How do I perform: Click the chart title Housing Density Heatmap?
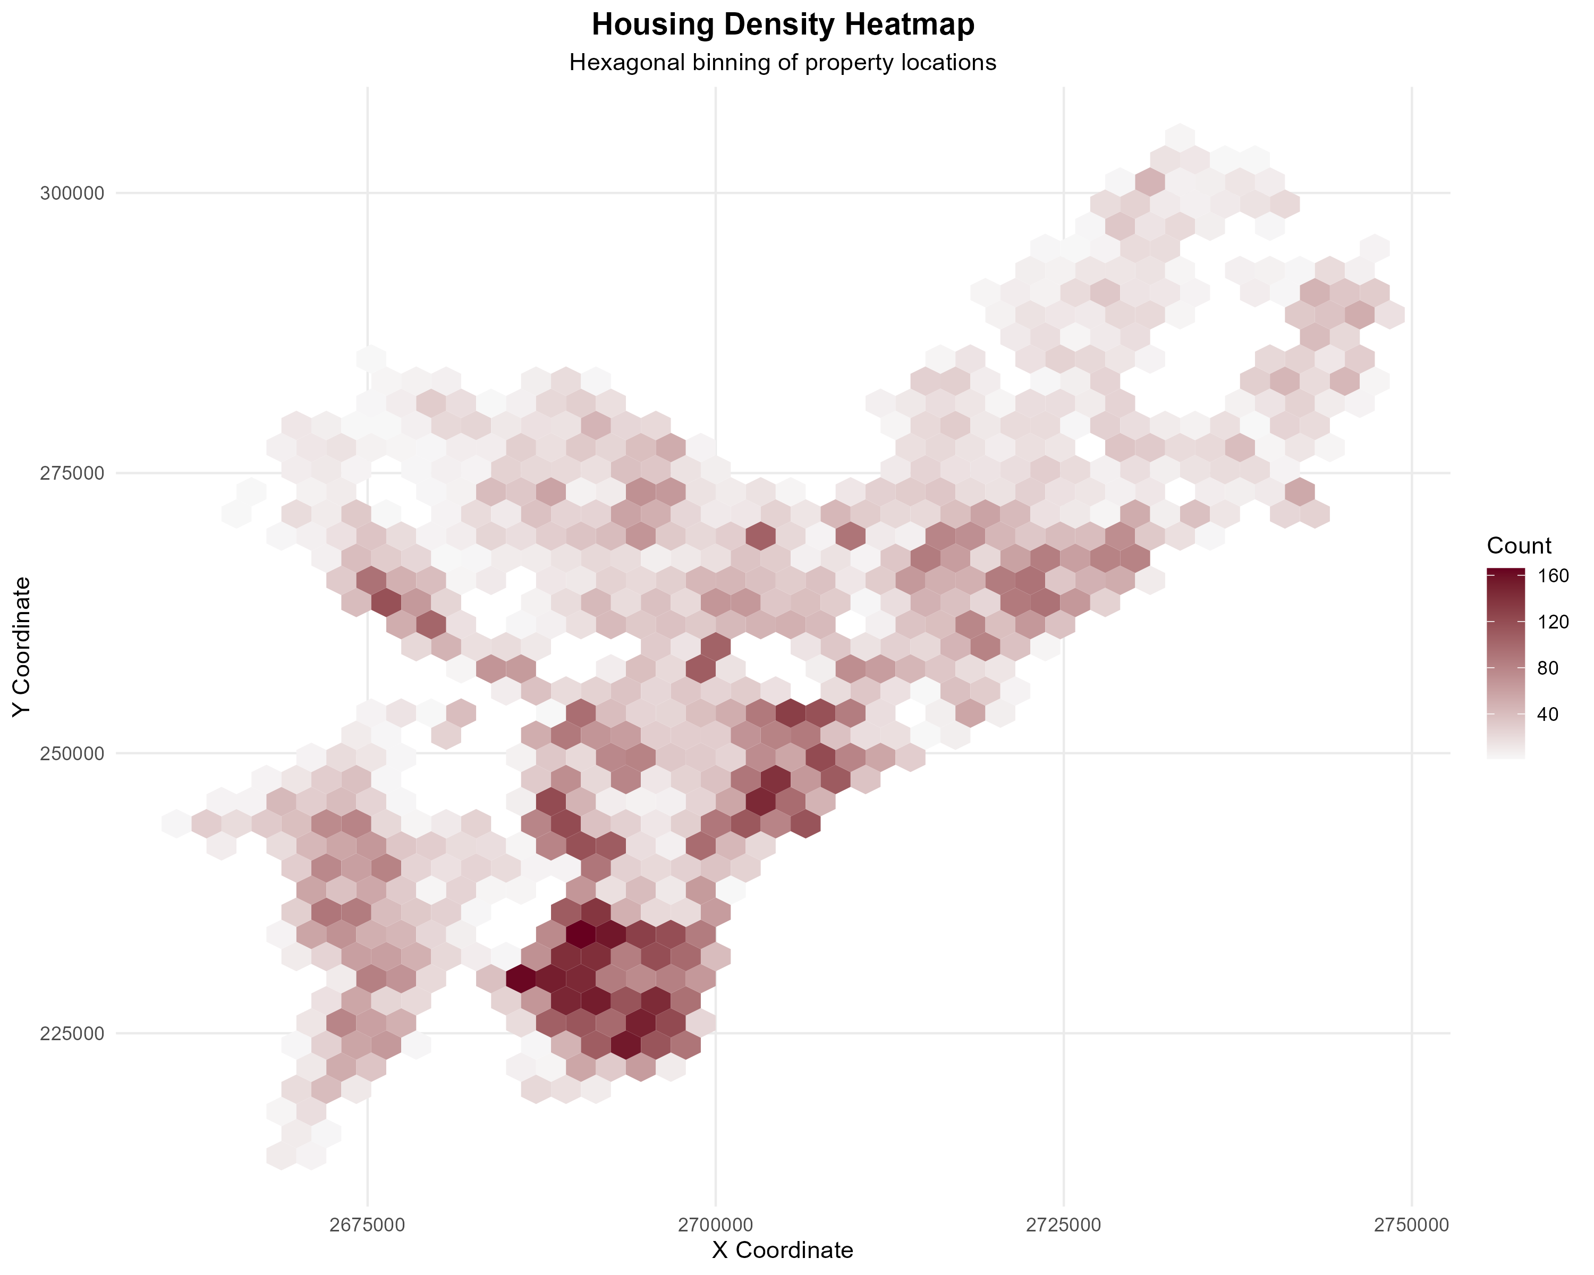783,25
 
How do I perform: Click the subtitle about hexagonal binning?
783,63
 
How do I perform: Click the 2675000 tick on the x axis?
368,1224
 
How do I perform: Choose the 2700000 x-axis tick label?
716,1224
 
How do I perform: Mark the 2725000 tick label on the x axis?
1064,1224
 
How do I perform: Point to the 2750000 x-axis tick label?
1411,1224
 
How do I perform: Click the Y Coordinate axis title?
22,647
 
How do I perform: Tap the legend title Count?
1519,546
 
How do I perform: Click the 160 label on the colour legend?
1553,576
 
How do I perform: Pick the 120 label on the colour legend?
1553,622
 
